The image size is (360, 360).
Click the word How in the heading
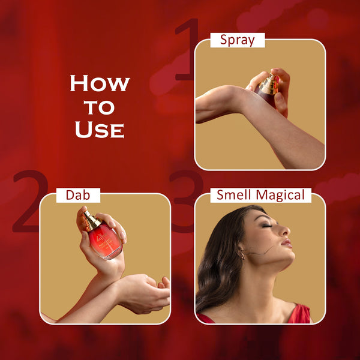(100, 83)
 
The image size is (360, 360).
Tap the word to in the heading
(99, 107)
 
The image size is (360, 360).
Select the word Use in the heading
(100, 130)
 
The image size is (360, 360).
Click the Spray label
(238, 40)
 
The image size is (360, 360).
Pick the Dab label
(78, 195)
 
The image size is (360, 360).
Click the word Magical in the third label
(280, 196)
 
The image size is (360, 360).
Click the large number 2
(30, 202)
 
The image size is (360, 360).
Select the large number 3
(187, 202)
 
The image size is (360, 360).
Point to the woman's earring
(242, 254)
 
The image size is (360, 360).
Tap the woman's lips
(287, 243)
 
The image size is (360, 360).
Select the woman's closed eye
(267, 226)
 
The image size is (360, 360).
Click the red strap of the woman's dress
(299, 313)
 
